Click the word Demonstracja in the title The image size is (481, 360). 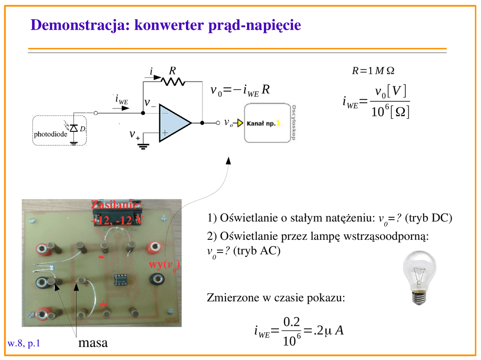point(76,25)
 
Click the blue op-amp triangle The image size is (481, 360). point(173,123)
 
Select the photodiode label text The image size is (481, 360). point(50,134)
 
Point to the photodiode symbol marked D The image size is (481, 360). point(74,129)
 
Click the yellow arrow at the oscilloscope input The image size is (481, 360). point(240,123)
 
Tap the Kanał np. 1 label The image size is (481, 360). point(264,123)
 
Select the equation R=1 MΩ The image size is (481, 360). point(373,71)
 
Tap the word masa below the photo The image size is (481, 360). point(93,343)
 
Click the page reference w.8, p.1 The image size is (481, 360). point(23,344)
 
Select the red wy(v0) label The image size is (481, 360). point(164,265)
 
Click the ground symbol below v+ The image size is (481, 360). point(143,146)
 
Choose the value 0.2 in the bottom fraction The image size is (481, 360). point(292,322)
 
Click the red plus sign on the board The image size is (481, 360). point(103,305)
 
